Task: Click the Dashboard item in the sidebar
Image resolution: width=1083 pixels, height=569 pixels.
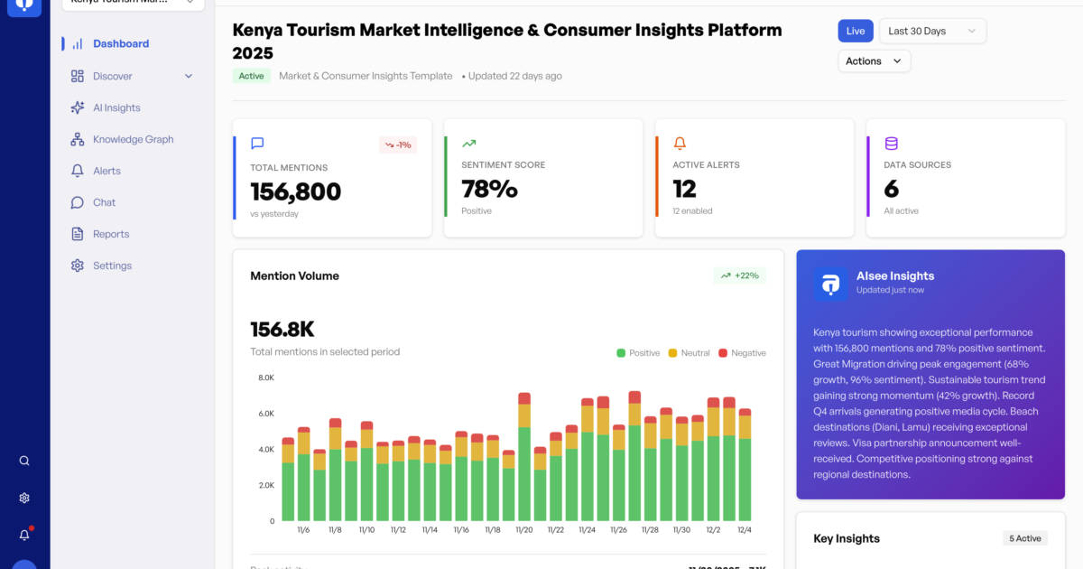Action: tap(120, 43)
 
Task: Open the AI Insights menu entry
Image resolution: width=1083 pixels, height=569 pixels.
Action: tap(116, 107)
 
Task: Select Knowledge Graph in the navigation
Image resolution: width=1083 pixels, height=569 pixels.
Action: tap(133, 139)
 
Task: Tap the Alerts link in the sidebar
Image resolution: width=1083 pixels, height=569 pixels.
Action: tap(106, 171)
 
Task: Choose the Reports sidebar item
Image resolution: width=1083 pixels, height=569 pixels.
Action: tap(111, 234)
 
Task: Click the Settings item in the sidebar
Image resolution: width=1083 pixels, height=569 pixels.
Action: tap(112, 266)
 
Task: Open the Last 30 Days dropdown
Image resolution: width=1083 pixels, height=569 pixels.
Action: tap(932, 31)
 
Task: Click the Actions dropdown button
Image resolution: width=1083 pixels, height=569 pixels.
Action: tap(874, 61)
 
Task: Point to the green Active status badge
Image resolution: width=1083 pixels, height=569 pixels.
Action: tap(251, 76)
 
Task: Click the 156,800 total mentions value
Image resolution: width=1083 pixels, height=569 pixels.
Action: tap(296, 191)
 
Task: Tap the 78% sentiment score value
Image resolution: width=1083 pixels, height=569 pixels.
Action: tap(489, 189)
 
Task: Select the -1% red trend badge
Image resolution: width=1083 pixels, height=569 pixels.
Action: tap(398, 145)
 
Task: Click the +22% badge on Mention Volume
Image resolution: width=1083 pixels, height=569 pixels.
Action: tap(739, 275)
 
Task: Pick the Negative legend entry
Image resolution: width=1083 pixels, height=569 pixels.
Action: tap(742, 353)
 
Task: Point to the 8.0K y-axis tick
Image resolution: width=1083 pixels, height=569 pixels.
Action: tap(266, 378)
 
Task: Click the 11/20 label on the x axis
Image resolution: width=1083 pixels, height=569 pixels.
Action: tap(524, 530)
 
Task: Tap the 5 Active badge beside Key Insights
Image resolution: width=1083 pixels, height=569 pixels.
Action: tap(1028, 538)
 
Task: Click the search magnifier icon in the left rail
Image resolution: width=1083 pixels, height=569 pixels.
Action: tap(24, 461)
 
